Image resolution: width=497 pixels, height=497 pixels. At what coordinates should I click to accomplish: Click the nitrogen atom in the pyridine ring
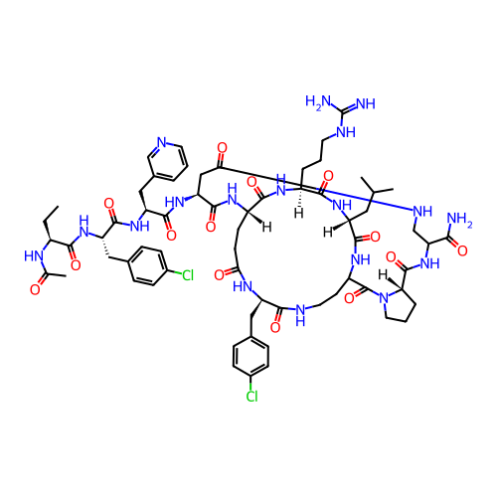161,142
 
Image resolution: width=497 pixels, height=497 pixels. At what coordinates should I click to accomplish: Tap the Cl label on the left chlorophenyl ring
188,275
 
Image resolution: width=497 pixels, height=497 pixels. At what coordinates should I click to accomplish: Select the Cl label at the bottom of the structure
251,396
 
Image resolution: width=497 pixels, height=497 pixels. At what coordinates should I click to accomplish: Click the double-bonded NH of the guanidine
366,103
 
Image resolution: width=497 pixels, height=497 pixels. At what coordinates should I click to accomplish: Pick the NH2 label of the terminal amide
459,220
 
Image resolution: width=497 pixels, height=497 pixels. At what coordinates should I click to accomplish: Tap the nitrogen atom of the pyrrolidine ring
384,298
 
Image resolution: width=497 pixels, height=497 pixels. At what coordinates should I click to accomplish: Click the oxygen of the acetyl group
35,290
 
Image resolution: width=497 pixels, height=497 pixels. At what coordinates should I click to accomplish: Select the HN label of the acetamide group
34,255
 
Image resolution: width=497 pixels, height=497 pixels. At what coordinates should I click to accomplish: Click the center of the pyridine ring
168,161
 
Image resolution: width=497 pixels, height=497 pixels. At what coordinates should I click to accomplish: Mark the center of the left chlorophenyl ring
147,265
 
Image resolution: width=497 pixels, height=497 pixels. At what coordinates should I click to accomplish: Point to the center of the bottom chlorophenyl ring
250,357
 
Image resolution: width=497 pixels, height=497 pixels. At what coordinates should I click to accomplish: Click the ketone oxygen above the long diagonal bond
222,148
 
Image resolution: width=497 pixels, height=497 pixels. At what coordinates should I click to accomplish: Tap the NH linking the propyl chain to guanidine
346,132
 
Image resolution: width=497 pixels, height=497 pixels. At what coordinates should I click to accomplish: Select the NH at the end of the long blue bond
422,211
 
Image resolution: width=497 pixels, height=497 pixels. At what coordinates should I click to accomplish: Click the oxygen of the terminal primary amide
462,250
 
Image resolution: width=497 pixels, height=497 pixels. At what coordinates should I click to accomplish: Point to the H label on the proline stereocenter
384,274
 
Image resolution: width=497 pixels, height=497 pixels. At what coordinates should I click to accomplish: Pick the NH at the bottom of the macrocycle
300,315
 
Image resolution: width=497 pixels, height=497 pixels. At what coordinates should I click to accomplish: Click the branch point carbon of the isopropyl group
375,192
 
